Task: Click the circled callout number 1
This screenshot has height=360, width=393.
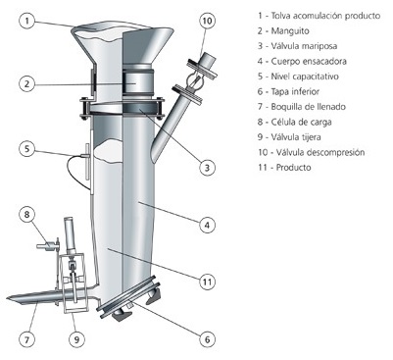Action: coord(27,22)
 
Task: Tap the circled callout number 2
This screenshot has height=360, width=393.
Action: coord(27,83)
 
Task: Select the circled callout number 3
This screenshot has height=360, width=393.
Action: coord(207,168)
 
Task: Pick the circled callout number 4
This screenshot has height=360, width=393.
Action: coord(207,225)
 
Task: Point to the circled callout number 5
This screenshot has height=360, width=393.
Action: coord(27,149)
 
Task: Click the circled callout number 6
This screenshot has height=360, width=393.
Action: coord(207,339)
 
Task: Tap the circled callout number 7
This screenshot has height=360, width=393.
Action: coord(27,339)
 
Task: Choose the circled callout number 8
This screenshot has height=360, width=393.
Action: coord(27,215)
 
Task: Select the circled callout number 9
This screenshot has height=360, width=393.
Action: coord(76,339)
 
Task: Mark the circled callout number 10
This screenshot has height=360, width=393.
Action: coord(207,22)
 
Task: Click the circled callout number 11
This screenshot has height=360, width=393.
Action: coord(207,282)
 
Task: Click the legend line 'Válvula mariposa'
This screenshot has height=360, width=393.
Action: coord(297,46)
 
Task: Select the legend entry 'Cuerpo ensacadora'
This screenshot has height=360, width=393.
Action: coord(302,61)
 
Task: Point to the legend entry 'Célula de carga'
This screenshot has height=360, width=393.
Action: coord(294,122)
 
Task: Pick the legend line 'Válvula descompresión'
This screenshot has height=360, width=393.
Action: coord(311,152)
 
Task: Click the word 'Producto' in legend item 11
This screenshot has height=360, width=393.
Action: coord(294,168)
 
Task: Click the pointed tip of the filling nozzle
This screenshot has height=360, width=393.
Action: coord(7,298)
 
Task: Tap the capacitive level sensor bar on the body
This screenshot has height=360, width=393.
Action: coord(87,162)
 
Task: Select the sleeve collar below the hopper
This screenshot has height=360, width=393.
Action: coord(137,82)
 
